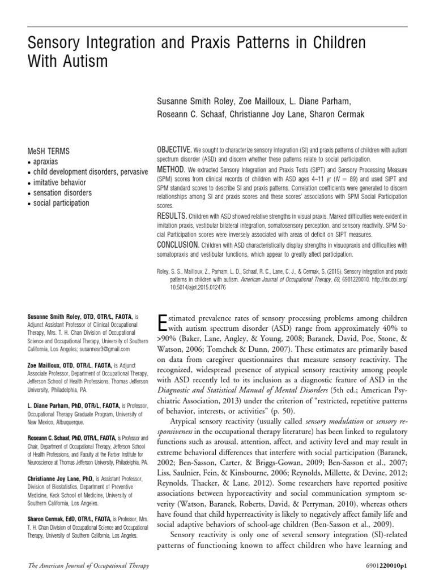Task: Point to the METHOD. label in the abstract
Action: click(x=170, y=169)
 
